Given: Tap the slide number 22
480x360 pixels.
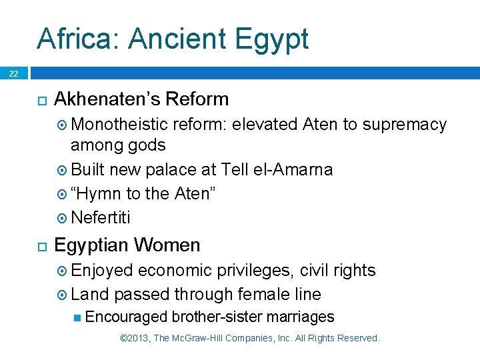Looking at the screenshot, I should coord(13,74).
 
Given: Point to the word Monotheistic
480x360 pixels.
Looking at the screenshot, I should coord(120,125).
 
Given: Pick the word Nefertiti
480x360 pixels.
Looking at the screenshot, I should coord(101,218).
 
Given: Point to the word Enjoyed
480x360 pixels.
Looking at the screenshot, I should coord(102,271).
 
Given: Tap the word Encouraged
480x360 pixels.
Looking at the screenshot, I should coord(127,317).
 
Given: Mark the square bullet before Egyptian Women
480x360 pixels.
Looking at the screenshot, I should coord(41,246).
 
